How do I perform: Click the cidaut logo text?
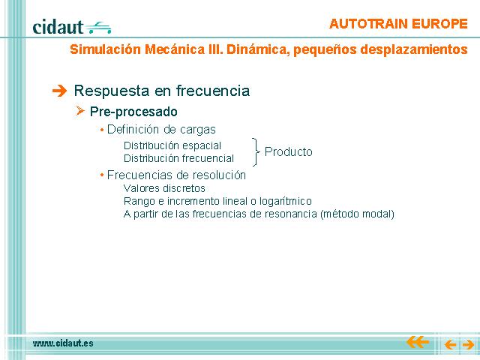click(x=58, y=27)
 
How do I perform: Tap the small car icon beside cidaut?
click(x=98, y=28)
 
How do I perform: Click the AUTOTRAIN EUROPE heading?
click(x=398, y=24)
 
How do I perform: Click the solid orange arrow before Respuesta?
click(x=59, y=91)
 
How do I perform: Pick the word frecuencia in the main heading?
click(x=213, y=91)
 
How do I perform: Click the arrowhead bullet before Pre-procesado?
click(x=80, y=111)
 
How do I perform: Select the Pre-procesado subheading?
click(x=133, y=112)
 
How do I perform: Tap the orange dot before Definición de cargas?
click(x=102, y=130)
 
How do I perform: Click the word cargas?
click(x=198, y=130)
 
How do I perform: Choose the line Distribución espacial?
click(x=172, y=145)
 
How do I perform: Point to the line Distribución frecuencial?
click(x=178, y=158)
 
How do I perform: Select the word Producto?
click(x=288, y=151)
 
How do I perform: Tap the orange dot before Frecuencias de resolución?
click(x=102, y=175)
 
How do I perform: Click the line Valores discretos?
click(x=164, y=188)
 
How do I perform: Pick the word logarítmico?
click(x=286, y=202)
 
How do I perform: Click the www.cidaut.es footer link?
click(x=63, y=343)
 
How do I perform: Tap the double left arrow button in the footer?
click(x=418, y=342)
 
